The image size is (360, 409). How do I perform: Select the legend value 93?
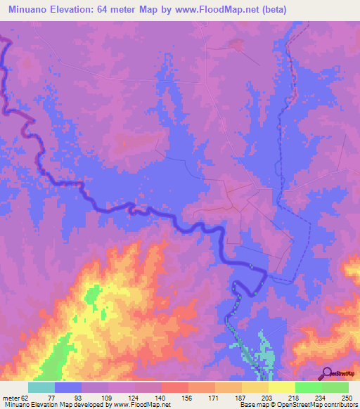click(x=79, y=397)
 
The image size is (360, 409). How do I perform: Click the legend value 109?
click(x=106, y=397)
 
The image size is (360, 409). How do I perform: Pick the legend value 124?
click(x=133, y=397)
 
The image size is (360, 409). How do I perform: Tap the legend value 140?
click(x=160, y=397)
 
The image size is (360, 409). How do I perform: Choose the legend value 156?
click(x=187, y=397)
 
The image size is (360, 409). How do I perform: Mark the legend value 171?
click(x=214, y=397)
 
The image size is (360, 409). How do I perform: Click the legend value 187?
click(x=240, y=397)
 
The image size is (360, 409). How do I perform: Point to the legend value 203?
click(x=268, y=397)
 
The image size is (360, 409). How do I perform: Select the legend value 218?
click(x=295, y=397)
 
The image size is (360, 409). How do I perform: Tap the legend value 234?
click(x=321, y=397)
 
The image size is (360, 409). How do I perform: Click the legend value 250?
click(x=346, y=397)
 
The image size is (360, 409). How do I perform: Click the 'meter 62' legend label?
click(x=15, y=397)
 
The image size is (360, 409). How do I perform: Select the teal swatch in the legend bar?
click(x=41, y=387)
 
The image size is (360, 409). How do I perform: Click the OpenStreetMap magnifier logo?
click(x=326, y=373)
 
